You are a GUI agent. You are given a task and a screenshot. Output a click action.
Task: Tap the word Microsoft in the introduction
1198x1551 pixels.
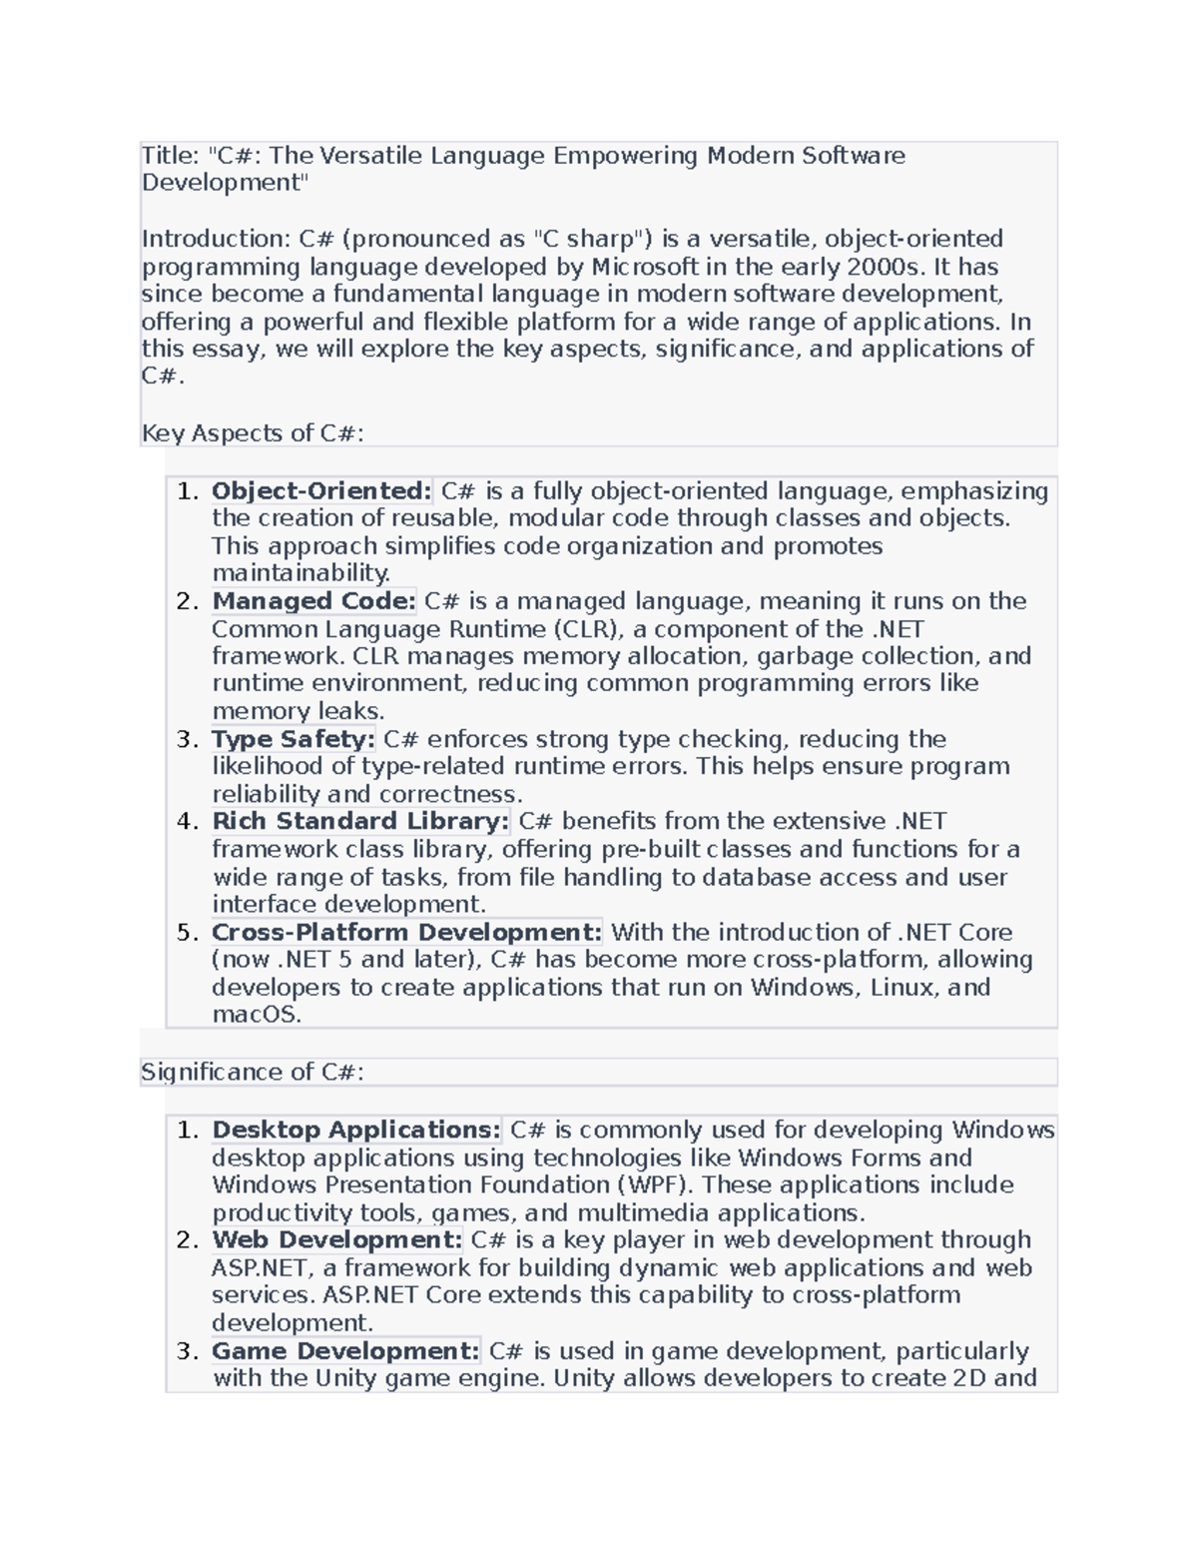[645, 267]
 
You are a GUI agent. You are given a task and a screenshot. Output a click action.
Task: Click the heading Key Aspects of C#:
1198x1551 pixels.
[253, 433]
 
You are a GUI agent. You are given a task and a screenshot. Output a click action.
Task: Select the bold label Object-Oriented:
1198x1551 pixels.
[321, 491]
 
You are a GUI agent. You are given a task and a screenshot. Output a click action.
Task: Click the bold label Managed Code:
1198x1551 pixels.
[313, 601]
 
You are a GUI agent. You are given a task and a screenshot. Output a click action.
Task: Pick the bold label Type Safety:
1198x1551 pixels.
[293, 739]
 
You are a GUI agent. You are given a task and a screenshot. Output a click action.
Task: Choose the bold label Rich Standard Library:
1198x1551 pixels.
[360, 822]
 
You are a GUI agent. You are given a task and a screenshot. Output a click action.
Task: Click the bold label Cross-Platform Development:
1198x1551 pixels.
[406, 932]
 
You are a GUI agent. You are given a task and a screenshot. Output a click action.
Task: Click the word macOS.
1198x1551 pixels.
[256, 1015]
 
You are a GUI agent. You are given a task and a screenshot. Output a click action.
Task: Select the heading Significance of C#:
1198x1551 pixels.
[253, 1073]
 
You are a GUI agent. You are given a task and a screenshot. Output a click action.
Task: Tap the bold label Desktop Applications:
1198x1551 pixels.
[355, 1131]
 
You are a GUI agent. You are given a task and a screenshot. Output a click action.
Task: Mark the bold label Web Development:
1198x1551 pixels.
[336, 1240]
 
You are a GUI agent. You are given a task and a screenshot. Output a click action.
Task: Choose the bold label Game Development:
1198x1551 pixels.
[345, 1351]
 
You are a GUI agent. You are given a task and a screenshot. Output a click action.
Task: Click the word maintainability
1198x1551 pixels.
[299, 573]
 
